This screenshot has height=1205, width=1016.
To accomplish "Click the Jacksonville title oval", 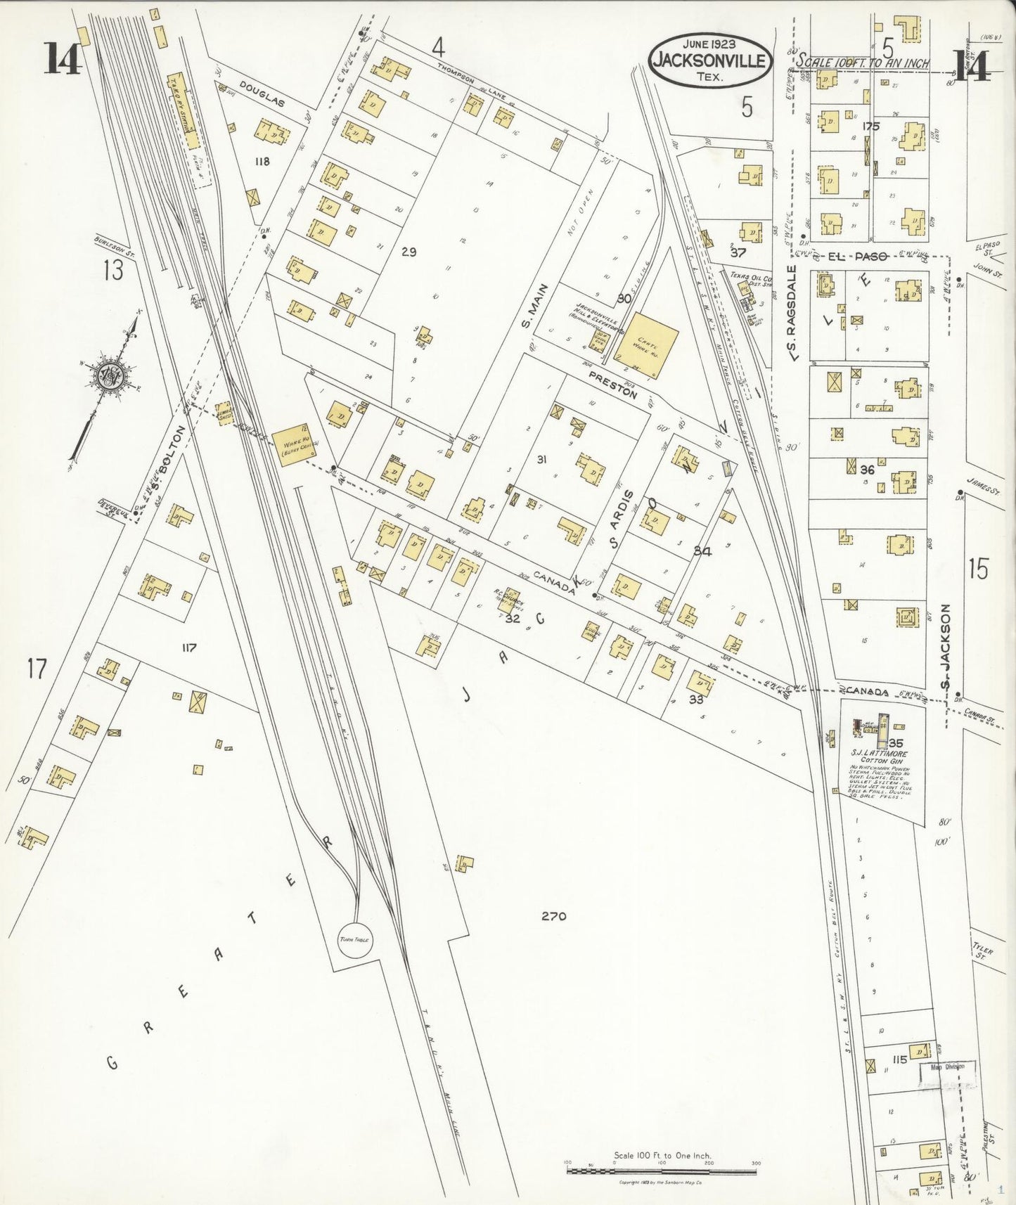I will (x=709, y=60).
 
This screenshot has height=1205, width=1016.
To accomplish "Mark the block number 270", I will (x=553, y=916).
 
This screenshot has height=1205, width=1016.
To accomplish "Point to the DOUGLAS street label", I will (x=262, y=103).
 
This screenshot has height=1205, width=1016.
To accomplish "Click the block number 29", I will (x=409, y=252).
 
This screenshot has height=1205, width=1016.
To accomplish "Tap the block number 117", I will (x=188, y=647).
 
